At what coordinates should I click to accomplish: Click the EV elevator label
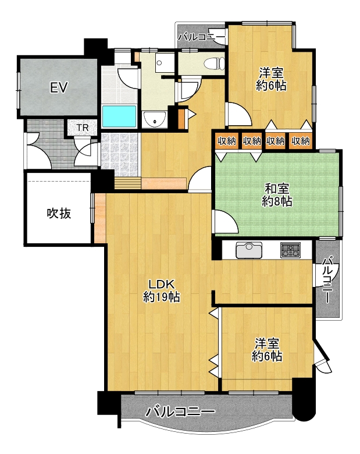pos(59,87)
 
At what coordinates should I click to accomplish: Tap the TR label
pos(83,127)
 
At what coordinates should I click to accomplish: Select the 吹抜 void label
pos(59,214)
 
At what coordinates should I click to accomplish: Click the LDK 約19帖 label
pos(162,290)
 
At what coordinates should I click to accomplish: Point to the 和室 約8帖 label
pos(277,195)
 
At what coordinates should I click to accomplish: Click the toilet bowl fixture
pos(214,63)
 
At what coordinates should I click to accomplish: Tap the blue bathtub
pos(119,116)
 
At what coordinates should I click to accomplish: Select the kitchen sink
pos(249,250)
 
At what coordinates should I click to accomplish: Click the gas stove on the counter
pos(290,250)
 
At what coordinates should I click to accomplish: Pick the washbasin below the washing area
pos(155,119)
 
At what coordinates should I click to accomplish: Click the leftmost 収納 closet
pos(227,141)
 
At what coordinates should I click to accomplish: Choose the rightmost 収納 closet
pos(301,141)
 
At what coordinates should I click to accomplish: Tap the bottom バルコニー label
pos(180,412)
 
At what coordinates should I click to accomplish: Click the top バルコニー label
pos(201,37)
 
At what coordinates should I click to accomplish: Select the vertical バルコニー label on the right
pos(327,280)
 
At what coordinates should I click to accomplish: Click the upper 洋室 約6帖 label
pos(271,79)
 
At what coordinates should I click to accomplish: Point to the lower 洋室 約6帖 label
pos(267,350)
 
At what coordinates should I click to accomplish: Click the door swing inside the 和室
pos(226,222)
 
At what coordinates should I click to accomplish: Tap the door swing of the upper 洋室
pos(239,114)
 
